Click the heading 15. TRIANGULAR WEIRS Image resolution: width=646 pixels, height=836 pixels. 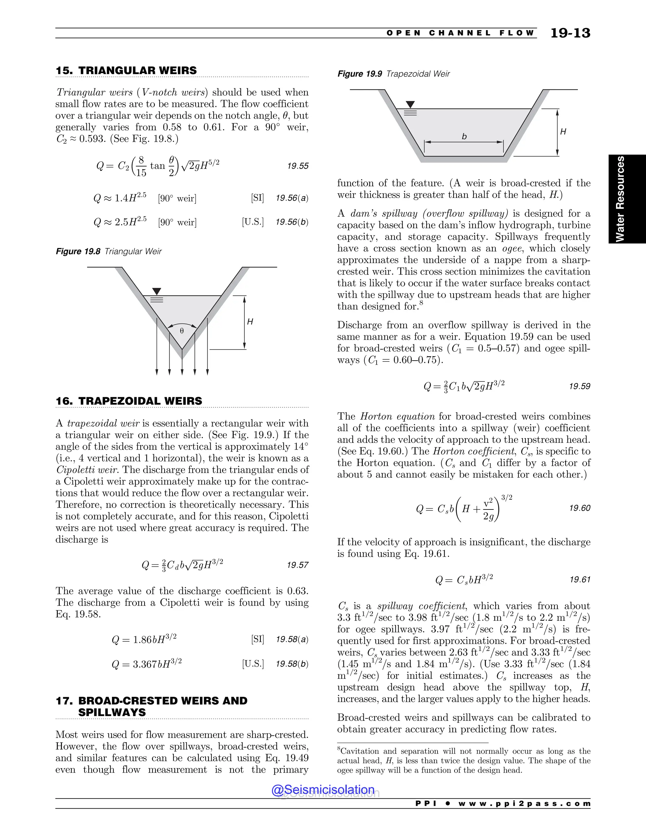[x=126, y=70]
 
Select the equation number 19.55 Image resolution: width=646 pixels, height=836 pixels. [x=297, y=166]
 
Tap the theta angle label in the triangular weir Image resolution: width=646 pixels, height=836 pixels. [x=182, y=331]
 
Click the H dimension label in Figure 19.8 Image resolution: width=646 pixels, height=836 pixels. [x=250, y=322]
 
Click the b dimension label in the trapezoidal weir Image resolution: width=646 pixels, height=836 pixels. [x=464, y=136]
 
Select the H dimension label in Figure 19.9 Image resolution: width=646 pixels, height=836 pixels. [x=563, y=132]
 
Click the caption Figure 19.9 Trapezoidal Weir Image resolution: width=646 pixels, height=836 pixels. [x=393, y=74]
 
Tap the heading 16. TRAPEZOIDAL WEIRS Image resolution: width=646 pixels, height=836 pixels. [x=129, y=401]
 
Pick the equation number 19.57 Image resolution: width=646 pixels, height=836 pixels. [x=297, y=565]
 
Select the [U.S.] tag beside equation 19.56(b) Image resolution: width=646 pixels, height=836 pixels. [x=253, y=222]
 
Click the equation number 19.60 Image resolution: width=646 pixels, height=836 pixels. [x=579, y=508]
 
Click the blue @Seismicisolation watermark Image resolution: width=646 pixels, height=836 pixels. [x=323, y=790]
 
